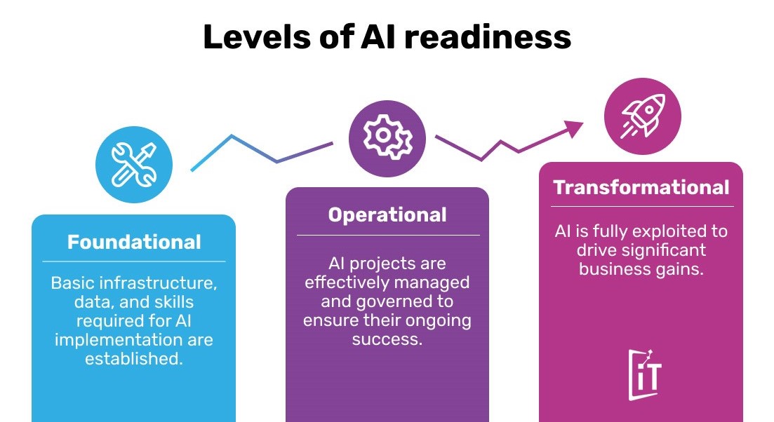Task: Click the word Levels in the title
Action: (257, 37)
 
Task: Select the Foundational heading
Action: (134, 242)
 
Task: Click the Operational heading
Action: (387, 215)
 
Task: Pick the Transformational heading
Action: (641, 187)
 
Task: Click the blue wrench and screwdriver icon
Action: (134, 165)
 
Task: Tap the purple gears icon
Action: (387, 139)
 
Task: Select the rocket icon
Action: (643, 116)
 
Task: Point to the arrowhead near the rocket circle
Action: (575, 128)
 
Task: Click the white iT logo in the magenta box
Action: (645, 375)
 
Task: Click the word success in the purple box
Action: (386, 339)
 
